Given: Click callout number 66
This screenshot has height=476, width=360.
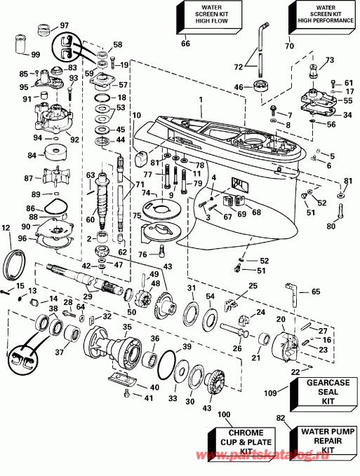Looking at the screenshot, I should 185,44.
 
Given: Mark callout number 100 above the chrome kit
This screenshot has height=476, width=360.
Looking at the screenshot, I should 224,416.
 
